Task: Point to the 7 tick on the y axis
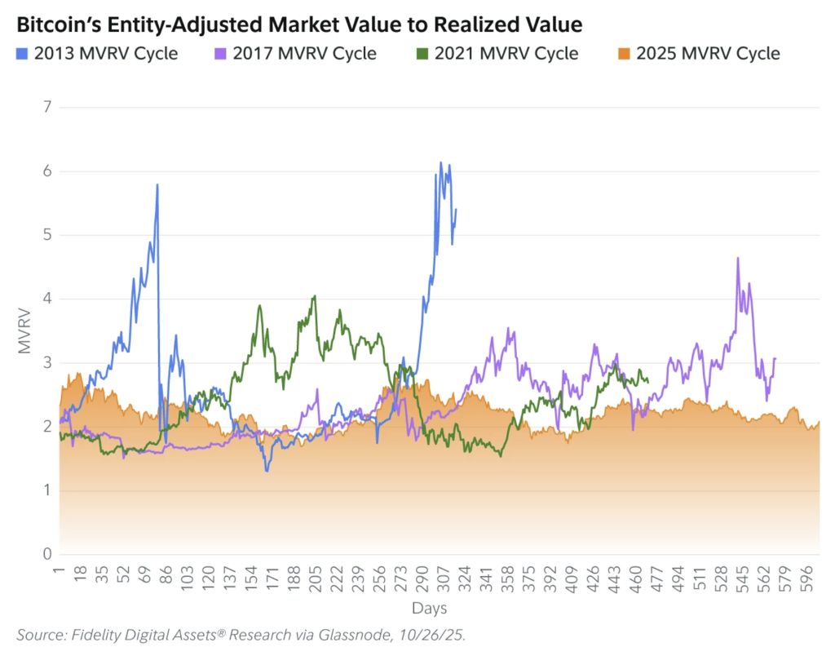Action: [x=46, y=107]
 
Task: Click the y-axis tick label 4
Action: [x=46, y=299]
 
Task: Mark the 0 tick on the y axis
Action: [x=46, y=555]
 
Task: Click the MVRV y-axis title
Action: [x=24, y=330]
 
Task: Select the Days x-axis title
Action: [x=429, y=609]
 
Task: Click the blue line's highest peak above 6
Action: [x=441, y=162]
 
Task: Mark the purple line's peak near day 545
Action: [x=737, y=258]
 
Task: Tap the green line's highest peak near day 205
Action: [x=314, y=296]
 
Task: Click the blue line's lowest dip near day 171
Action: [x=267, y=471]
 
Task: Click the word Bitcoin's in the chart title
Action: [x=55, y=25]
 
